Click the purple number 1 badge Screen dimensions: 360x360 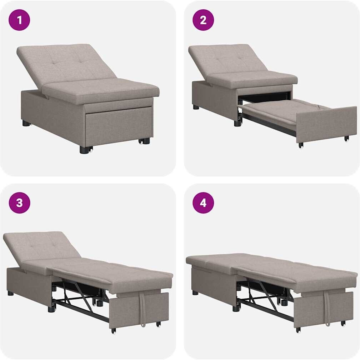19,20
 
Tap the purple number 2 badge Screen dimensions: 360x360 203,20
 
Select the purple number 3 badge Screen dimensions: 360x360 19,203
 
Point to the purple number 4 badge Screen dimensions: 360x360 203,203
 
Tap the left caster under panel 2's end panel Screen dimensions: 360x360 301,145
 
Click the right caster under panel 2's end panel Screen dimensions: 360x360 346,139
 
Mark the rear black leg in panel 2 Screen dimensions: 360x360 196,107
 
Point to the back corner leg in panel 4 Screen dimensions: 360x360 195,293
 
